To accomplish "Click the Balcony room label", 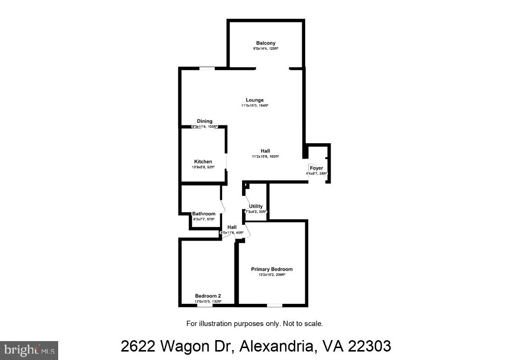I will [x=265, y=43].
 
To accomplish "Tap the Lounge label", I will [x=254, y=100].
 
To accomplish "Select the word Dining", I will [x=204, y=121].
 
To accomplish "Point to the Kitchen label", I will [x=203, y=162].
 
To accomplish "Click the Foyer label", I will [x=317, y=168].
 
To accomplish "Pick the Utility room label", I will [x=256, y=206].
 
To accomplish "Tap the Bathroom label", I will [x=204, y=214].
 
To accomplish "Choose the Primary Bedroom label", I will [x=271, y=269].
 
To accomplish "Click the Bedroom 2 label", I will [x=208, y=296].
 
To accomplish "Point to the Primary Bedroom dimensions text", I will [x=271, y=275].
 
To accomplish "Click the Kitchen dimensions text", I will [x=203, y=167].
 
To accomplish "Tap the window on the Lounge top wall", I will [x=207, y=68].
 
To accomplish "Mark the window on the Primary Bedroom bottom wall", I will [x=274, y=305].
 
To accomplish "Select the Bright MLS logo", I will [x=29, y=350].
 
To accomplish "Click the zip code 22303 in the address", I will [x=367, y=346].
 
